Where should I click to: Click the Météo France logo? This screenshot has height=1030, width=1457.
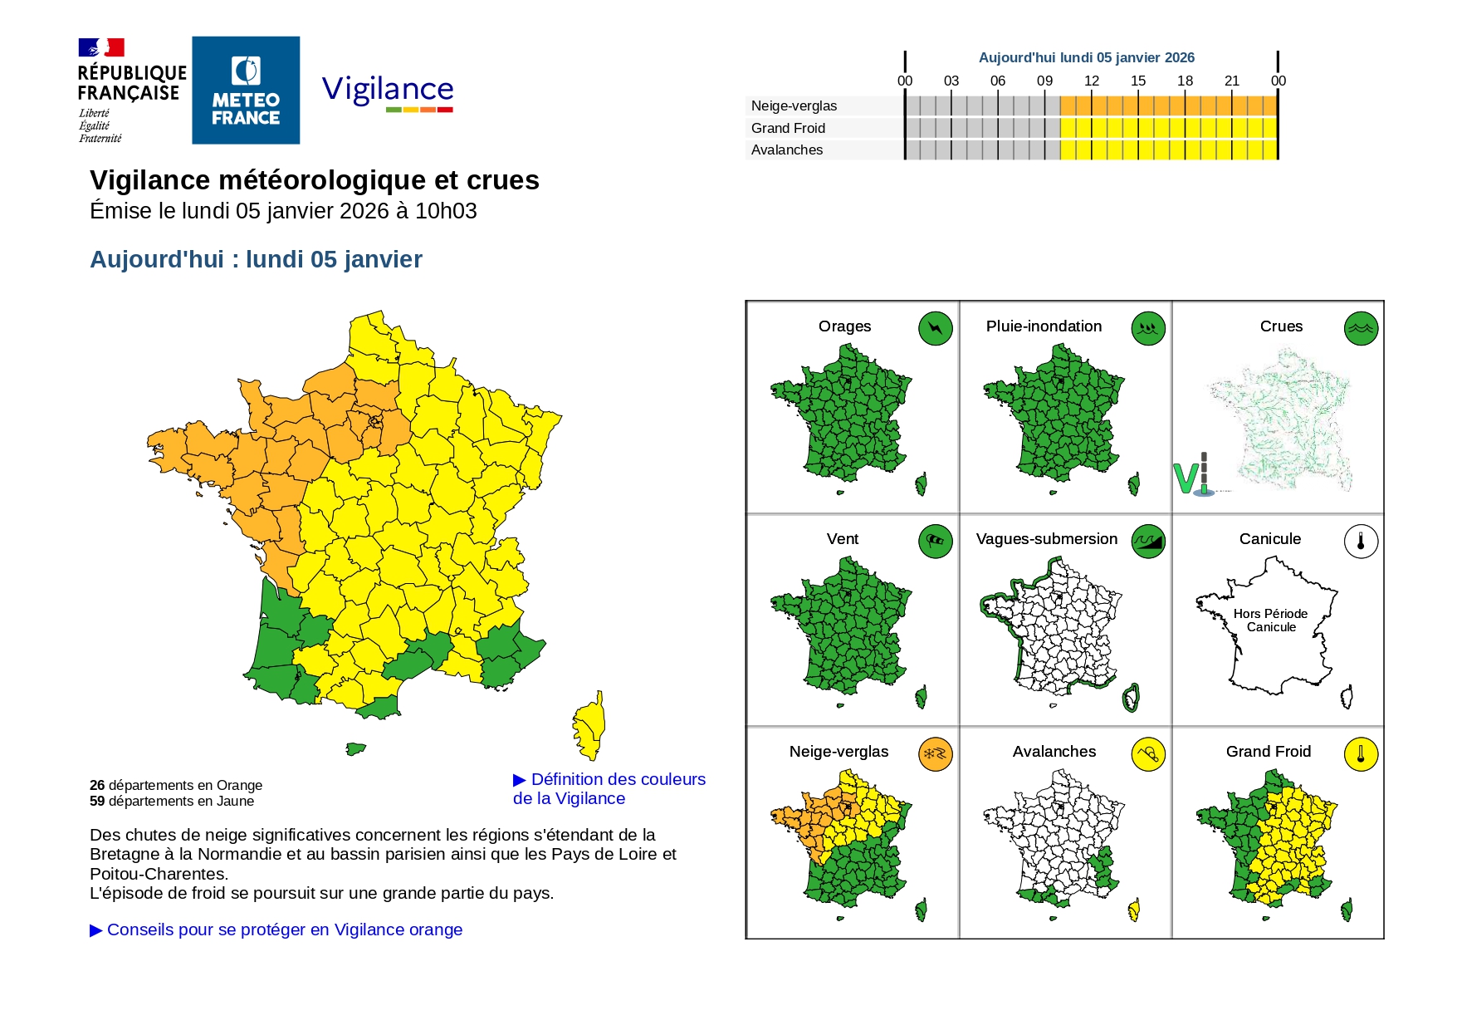point(246,91)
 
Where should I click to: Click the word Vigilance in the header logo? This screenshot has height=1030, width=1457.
point(388,89)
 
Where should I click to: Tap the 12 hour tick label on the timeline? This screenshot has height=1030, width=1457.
point(1091,81)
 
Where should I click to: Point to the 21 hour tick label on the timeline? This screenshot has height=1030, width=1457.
point(1231,81)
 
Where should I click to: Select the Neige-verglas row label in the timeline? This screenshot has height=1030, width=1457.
point(794,105)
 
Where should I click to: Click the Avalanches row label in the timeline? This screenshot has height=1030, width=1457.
point(786,150)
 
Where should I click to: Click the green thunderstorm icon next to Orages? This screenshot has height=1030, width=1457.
point(935,328)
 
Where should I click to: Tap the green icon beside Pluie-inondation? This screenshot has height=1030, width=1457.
point(1147,328)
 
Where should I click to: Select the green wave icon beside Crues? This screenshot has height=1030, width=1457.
point(1361,328)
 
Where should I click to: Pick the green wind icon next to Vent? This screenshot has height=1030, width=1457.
point(935,541)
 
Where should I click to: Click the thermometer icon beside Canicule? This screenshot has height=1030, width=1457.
point(1361,541)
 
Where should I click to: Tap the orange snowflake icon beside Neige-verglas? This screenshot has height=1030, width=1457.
point(935,754)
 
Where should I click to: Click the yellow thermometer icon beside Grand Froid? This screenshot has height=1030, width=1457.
point(1361,754)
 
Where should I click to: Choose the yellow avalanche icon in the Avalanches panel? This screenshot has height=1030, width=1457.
point(1147,754)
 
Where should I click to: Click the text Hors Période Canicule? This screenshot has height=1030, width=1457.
point(1270,620)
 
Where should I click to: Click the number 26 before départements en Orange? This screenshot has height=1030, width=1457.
point(97,785)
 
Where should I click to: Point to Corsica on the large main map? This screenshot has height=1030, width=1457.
point(589,725)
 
